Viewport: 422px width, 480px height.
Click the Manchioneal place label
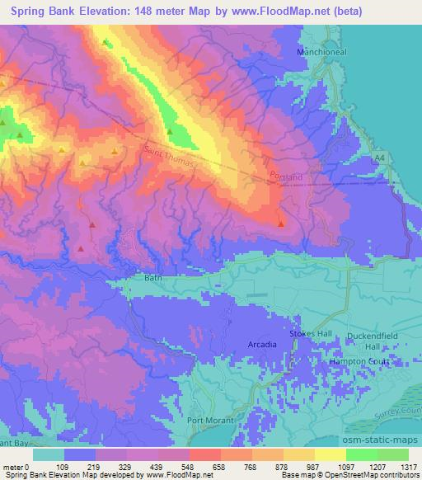click(x=318, y=52)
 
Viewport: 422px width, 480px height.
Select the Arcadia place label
click(x=262, y=342)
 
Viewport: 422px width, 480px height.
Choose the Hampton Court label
click(x=360, y=361)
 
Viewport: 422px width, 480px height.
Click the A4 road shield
click(x=378, y=157)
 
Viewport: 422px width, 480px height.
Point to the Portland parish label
click(x=286, y=176)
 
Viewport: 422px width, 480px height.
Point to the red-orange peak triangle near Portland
click(x=281, y=223)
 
